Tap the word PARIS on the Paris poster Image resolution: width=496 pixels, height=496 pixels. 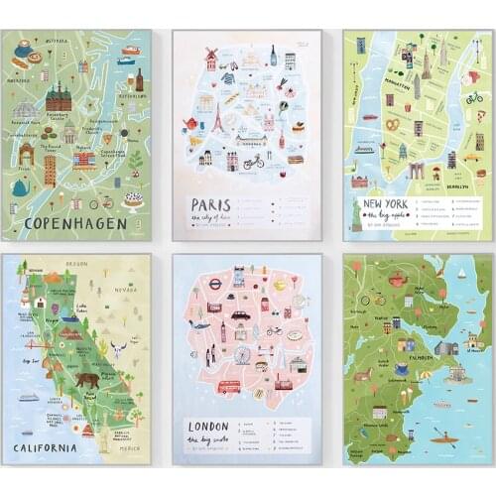coord(203,204)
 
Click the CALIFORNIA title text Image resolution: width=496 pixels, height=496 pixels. coord(46,447)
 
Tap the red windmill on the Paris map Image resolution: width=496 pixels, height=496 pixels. coord(210,56)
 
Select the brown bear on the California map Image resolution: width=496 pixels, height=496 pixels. coord(86,380)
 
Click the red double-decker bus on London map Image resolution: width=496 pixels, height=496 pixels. coord(229,386)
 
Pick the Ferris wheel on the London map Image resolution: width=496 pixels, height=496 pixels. coord(242,354)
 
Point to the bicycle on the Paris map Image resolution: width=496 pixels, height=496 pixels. coord(254,159)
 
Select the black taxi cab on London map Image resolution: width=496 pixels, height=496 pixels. coord(240,315)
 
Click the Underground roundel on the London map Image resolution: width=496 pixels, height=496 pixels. coord(213,282)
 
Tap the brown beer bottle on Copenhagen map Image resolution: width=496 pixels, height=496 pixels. coord(139,79)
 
